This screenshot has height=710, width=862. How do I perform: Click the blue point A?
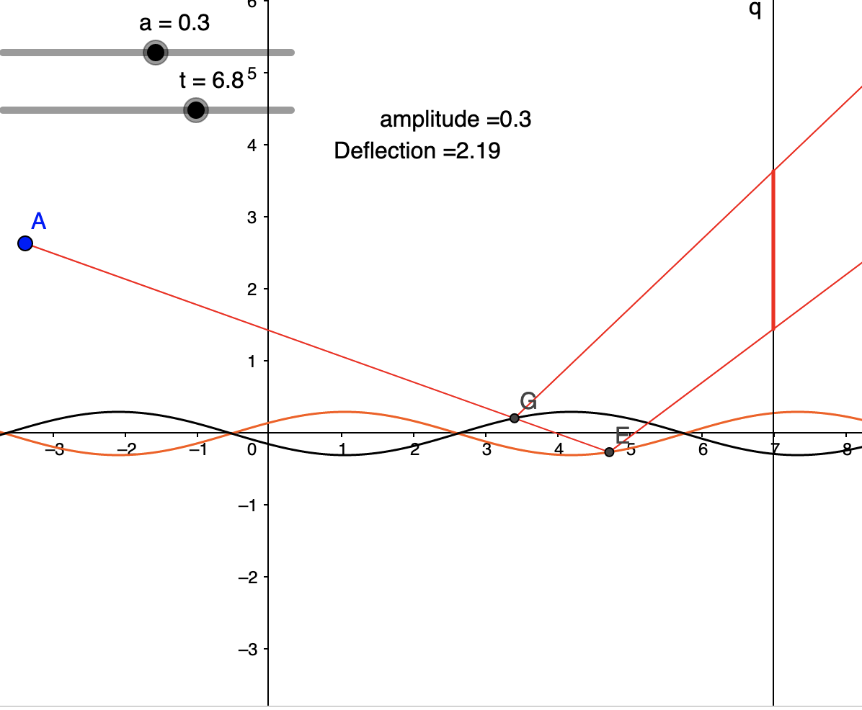click(x=25, y=243)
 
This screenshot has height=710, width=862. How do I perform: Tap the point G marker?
click(x=514, y=418)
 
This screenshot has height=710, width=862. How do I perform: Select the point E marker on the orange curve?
click(x=609, y=451)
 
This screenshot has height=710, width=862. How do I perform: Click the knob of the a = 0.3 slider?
click(x=155, y=53)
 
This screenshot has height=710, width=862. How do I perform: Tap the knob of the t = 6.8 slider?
click(x=195, y=110)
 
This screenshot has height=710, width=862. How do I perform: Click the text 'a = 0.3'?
click(x=174, y=24)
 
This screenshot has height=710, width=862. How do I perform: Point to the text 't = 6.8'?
click(x=211, y=81)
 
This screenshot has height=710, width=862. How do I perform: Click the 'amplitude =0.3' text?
click(x=456, y=120)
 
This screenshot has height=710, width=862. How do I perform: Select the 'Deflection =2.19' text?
click(x=417, y=151)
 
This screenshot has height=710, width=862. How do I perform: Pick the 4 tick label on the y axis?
click(x=252, y=145)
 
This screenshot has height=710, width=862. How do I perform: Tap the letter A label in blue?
click(x=39, y=221)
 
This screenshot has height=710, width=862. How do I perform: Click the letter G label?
click(x=528, y=401)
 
